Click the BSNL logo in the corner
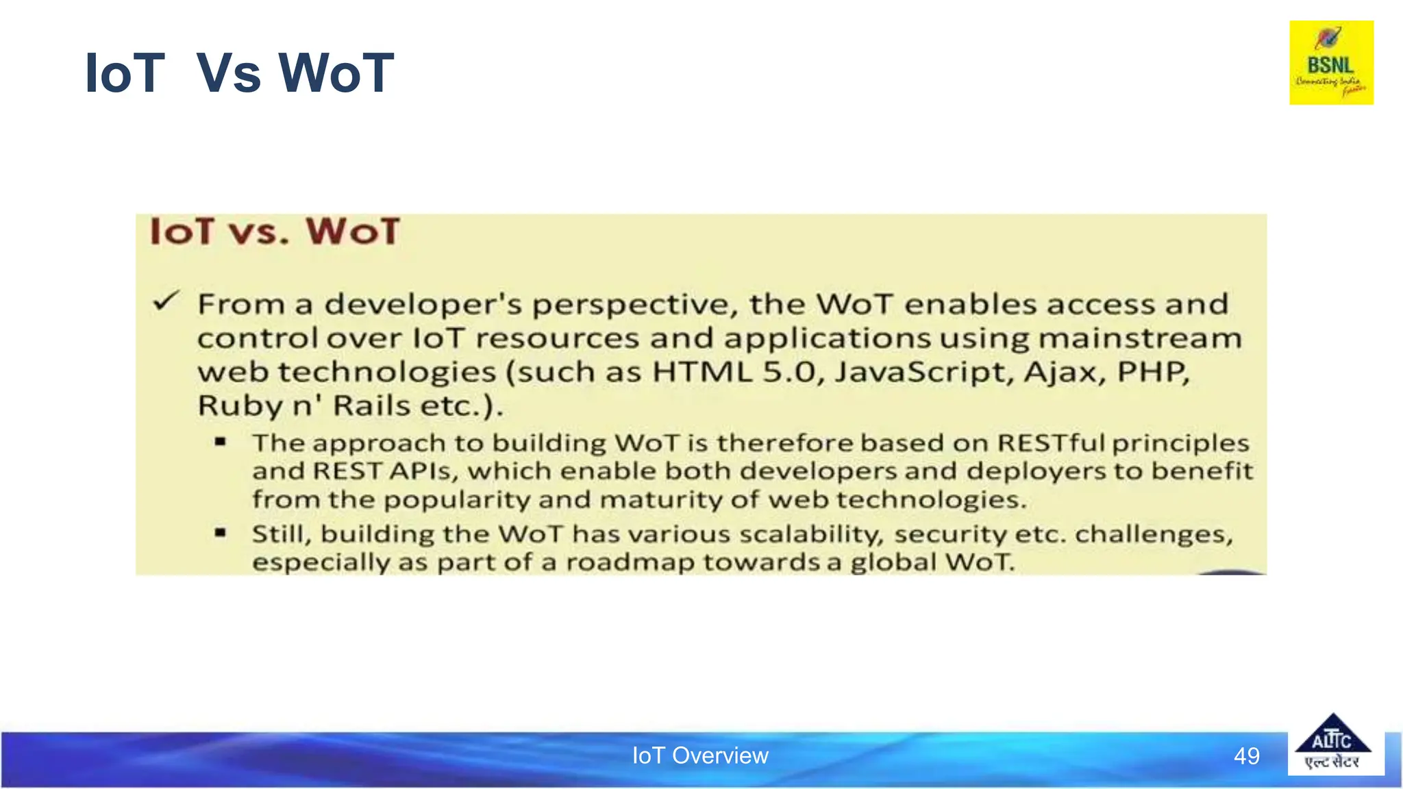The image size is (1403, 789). click(1331, 62)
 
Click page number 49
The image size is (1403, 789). click(1246, 756)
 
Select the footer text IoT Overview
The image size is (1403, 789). click(700, 755)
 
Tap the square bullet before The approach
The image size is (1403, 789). click(220, 442)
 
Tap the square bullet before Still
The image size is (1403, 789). click(220, 532)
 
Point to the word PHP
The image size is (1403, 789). click(1153, 372)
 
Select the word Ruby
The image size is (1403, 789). click(240, 406)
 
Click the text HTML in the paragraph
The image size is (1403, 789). click(702, 372)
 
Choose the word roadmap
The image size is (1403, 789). click(630, 562)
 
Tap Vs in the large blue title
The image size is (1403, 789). click(228, 73)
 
